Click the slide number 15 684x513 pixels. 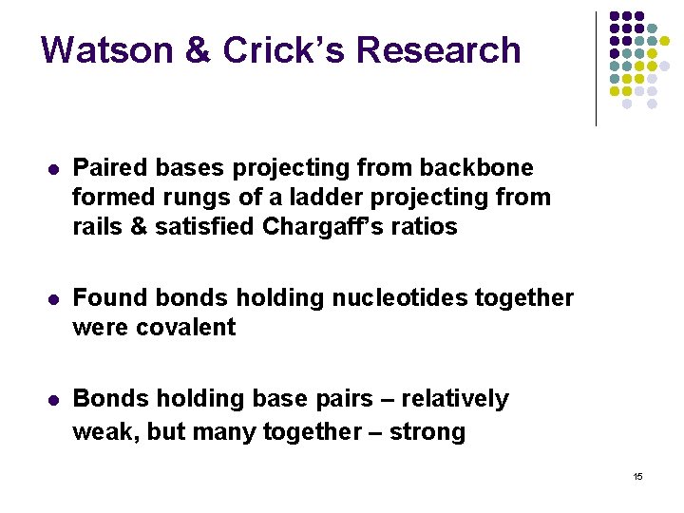pos(637,476)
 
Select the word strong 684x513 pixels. pos(428,432)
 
